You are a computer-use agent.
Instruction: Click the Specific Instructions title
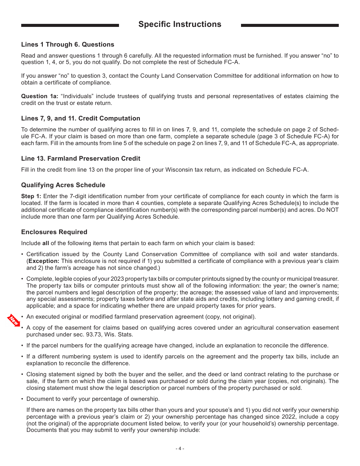180,24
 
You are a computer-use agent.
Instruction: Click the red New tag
14,321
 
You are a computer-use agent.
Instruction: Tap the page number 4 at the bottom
180,449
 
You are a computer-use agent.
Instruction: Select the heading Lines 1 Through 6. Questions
67,45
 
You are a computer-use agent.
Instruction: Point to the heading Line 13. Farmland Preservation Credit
81,159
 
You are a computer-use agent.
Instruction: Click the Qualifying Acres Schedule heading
63,185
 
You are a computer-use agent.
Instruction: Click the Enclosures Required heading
54,232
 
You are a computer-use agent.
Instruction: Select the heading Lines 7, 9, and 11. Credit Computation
81,119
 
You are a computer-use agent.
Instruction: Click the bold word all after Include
45,243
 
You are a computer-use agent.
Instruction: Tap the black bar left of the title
70,25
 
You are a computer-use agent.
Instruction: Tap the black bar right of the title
290,25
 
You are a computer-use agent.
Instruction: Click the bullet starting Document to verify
23,399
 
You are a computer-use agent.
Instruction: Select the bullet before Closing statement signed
23,374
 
